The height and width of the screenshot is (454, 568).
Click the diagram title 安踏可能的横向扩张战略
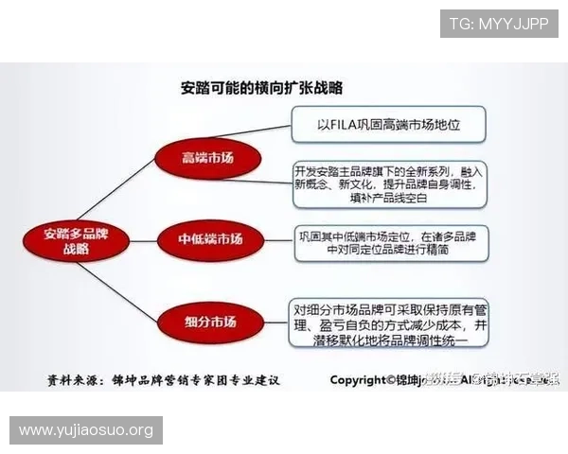pyautogui.click(x=261, y=88)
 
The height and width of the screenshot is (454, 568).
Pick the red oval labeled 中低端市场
pyautogui.click(x=210, y=240)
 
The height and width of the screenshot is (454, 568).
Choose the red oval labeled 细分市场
pyautogui.click(x=210, y=320)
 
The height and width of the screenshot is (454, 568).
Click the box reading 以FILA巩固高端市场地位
pyautogui.click(x=388, y=124)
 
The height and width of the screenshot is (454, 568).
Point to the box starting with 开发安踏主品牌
pyautogui.click(x=389, y=184)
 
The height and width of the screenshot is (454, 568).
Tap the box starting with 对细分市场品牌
pyautogui.click(x=391, y=323)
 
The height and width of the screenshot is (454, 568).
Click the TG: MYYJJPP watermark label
pyautogui.click(x=499, y=23)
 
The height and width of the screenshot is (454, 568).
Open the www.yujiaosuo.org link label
pyautogui.click(x=86, y=430)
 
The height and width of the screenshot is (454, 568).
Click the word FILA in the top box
pyautogui.click(x=346, y=124)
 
